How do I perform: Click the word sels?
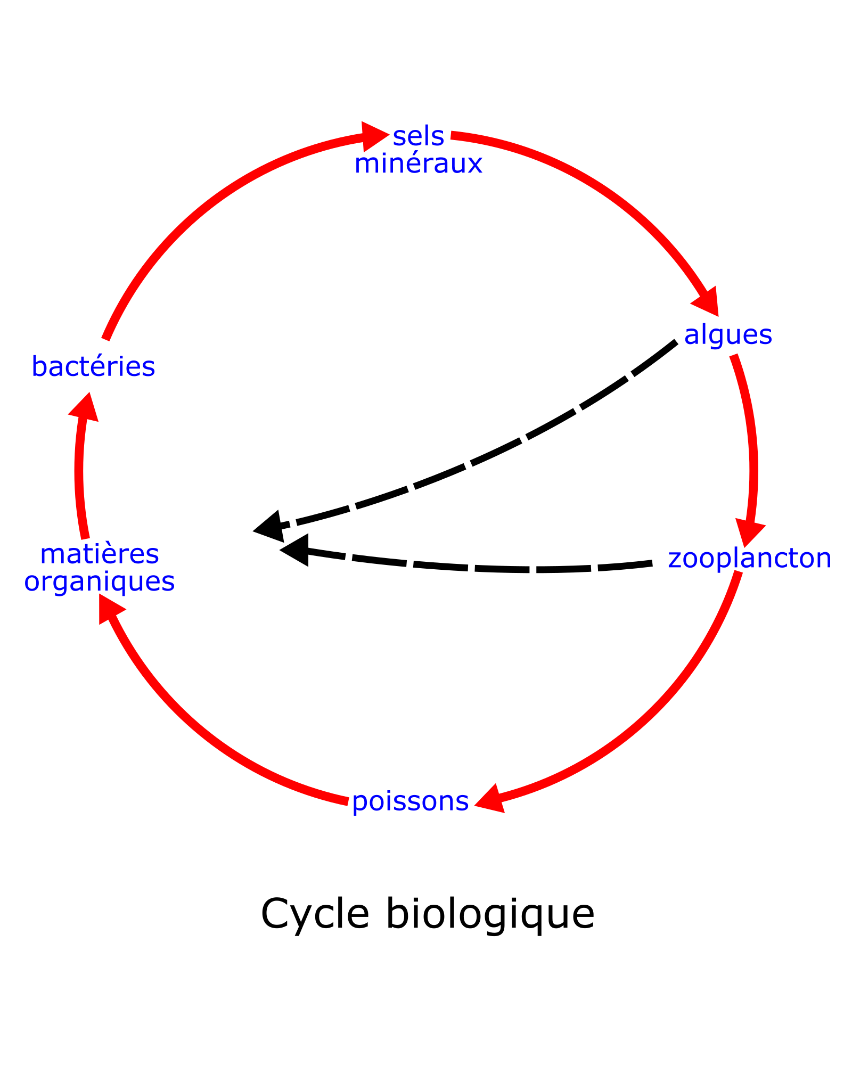[419, 137]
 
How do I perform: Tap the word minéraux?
[419, 164]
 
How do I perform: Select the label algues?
[728, 335]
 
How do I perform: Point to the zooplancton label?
[749, 559]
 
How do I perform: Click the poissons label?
[410, 801]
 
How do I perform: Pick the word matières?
[100, 554]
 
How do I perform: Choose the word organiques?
[100, 581]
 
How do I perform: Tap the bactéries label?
[93, 367]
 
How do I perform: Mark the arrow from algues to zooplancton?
[751, 442]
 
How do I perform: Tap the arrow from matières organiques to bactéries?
[79, 474]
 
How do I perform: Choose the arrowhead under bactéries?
[86, 408]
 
